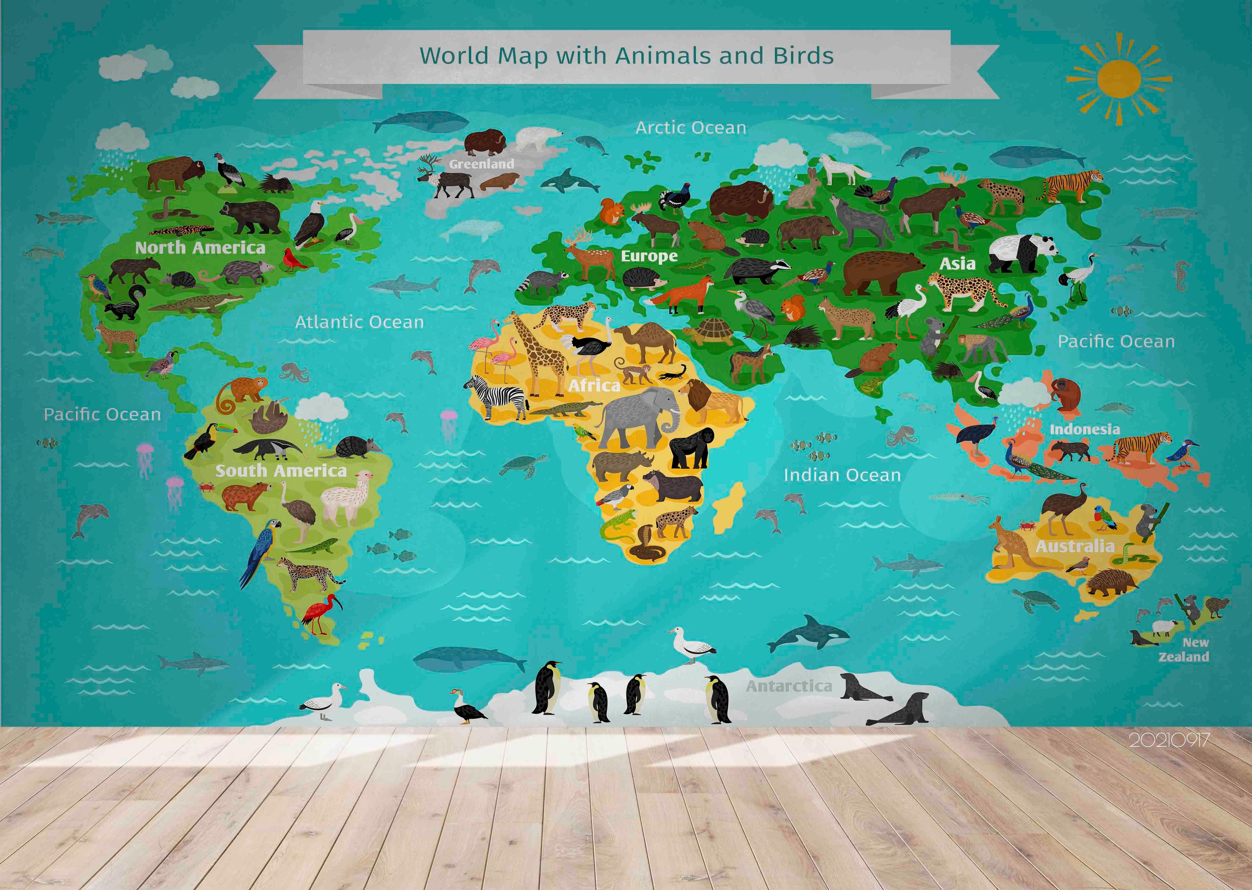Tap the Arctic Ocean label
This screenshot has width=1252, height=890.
691,128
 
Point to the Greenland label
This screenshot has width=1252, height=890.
482,164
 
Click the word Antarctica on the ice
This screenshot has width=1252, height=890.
789,686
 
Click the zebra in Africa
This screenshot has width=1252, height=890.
499,396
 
